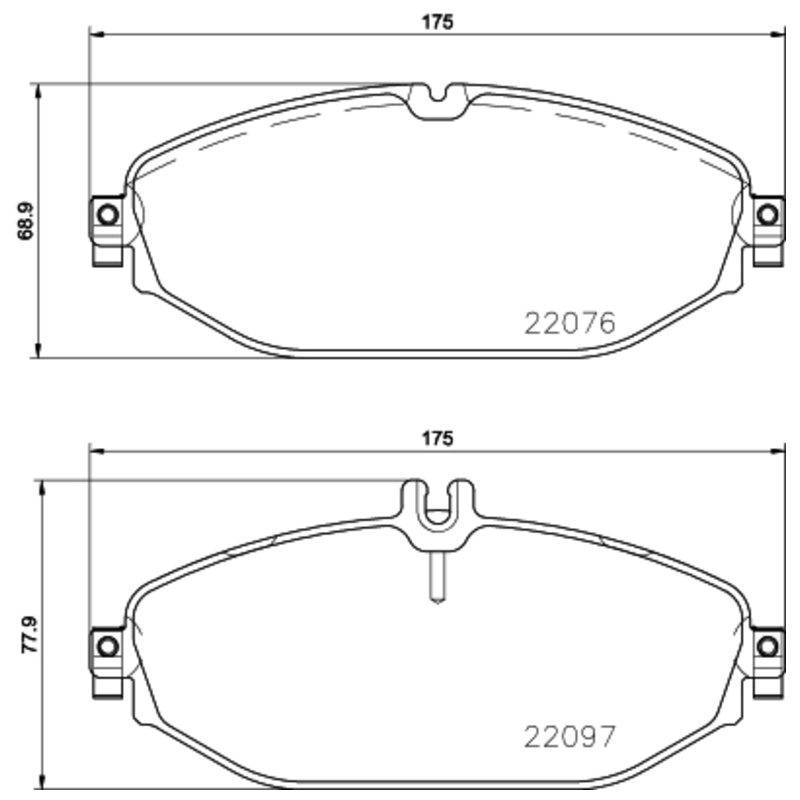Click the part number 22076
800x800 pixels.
pos(570,323)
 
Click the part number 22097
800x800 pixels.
pos(570,737)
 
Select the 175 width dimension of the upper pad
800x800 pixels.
pos(437,22)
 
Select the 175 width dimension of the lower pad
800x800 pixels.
pos(437,438)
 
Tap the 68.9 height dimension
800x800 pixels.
pos(25,221)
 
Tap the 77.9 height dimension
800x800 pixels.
pos(29,635)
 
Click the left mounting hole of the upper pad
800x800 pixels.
pos(108,215)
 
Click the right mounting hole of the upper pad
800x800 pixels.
pos(767,215)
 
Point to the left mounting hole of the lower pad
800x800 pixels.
pos(108,647)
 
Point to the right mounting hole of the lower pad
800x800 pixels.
pos(767,647)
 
